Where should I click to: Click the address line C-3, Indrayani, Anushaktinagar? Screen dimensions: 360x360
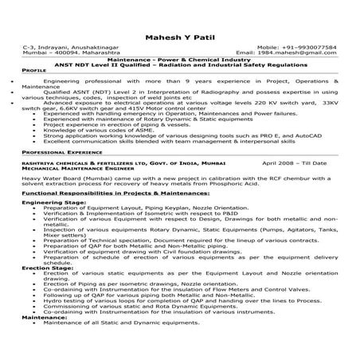coord(68,48)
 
